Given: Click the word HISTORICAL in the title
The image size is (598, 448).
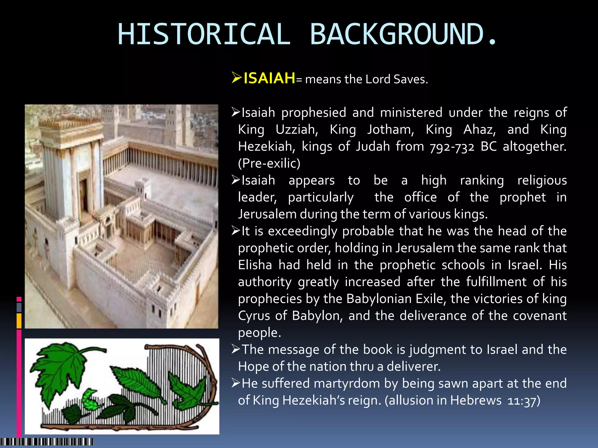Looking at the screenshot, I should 204,34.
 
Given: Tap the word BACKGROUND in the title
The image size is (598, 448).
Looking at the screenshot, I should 397,34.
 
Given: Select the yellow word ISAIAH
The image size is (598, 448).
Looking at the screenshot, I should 269,78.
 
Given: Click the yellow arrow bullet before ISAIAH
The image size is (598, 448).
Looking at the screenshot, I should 237,78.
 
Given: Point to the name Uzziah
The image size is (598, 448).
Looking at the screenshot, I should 297,129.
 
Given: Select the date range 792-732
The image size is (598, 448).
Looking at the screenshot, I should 452,147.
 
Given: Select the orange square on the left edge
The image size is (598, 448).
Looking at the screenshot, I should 19,320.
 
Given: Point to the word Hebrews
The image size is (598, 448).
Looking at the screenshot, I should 476,400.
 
